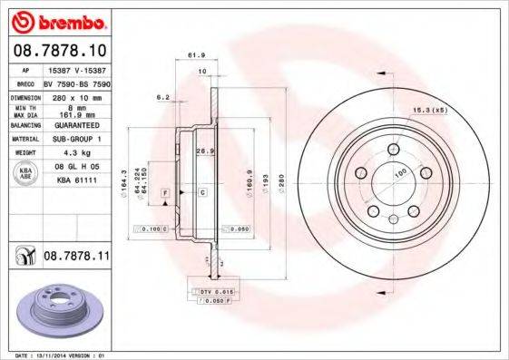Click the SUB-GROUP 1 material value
pyautogui.click(x=78, y=140)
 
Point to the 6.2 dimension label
pyautogui.click(x=163, y=96)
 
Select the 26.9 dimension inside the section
pyautogui.click(x=205, y=151)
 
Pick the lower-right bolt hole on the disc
pyautogui.click(x=413, y=211)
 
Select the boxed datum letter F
pyautogui.click(x=166, y=193)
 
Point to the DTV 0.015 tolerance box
pyautogui.click(x=210, y=290)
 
